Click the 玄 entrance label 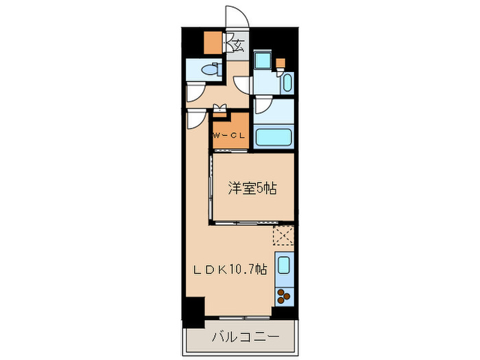(239, 46)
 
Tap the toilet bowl (213, 69)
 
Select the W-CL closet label (228, 135)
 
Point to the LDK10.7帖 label (230, 270)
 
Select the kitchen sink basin (284, 265)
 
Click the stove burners (284, 296)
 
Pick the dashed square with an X (283, 235)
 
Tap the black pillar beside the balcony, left (193, 311)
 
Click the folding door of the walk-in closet (220, 106)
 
